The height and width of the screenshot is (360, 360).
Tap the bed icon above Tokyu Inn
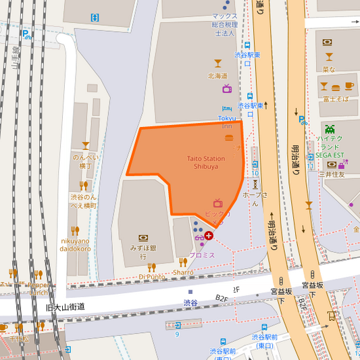227,109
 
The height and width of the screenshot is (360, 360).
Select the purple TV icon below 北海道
227,88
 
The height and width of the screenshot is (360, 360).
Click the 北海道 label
217,76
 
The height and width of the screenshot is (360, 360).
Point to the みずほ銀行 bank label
143,252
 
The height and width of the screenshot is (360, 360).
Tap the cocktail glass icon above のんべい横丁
86,145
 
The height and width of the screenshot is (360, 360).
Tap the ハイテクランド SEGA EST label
330,147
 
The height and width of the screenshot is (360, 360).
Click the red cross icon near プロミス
209,236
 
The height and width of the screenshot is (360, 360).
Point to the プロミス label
202,255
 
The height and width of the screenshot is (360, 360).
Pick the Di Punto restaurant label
152,276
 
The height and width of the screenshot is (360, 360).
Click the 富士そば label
336,99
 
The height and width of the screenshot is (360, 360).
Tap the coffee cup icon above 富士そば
349,86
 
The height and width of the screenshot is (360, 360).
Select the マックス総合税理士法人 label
225,24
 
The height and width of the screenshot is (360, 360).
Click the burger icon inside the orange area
229,138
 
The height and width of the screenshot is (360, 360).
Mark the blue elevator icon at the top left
95,17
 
